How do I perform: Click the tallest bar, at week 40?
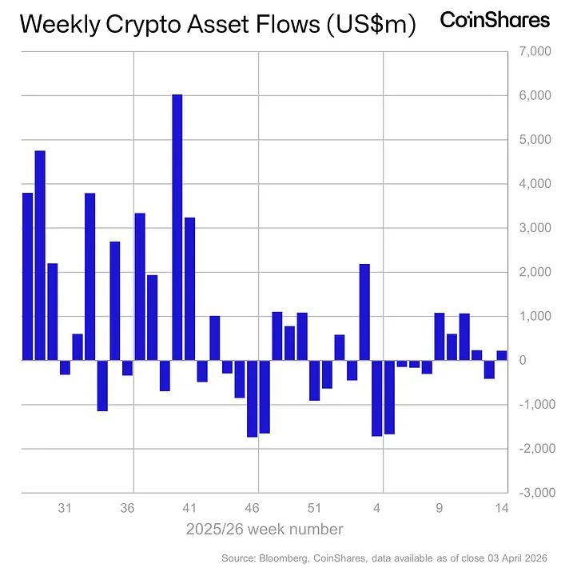pos(177,227)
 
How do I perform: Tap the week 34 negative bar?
pos(102,386)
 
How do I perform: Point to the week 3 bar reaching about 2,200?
pos(364,312)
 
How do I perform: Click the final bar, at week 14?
pos(502,355)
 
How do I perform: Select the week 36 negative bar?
pos(127,367)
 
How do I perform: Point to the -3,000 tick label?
pos(532,493)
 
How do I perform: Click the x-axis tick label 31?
pos(65,508)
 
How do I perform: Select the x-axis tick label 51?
pos(314,508)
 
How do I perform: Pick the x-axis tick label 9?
pos(440,508)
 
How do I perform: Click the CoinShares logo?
pos(495,20)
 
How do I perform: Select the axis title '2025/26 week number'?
pos(265,530)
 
